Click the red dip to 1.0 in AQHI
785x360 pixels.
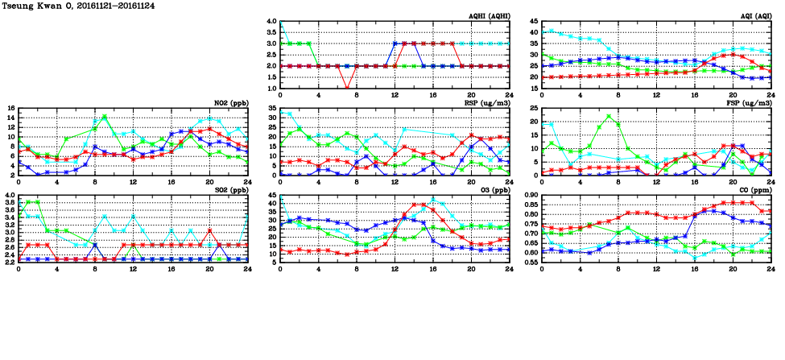[347, 88]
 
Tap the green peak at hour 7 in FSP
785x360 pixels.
[609, 116]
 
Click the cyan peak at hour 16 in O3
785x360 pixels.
[433, 199]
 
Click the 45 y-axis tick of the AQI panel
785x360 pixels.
[533, 22]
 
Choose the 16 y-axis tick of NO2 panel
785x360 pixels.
[11, 109]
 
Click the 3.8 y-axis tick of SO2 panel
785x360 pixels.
[10, 205]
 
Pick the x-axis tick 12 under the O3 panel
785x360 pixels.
[395, 268]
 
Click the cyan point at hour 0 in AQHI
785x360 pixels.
[280, 22]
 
